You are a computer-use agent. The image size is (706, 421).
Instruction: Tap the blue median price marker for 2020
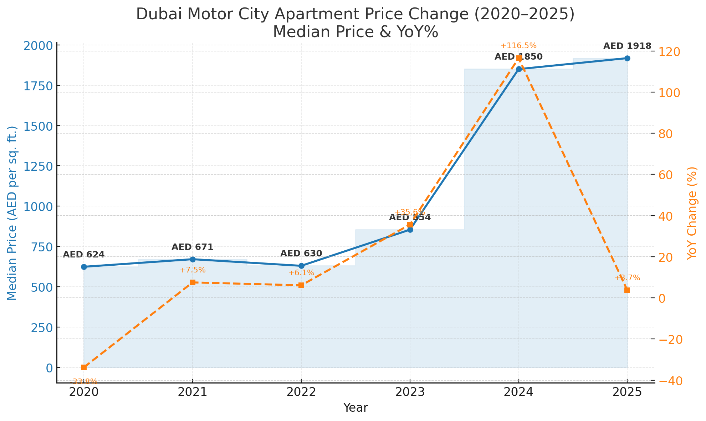(x=84, y=267)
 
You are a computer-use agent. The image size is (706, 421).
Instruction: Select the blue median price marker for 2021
(x=193, y=259)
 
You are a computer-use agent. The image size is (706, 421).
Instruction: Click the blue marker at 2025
(x=627, y=58)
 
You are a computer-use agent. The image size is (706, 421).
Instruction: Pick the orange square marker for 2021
(x=193, y=282)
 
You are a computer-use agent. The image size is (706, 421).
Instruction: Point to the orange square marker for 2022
(x=301, y=285)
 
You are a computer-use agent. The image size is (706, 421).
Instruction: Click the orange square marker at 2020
(x=84, y=367)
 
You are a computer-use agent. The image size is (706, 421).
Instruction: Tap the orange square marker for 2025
(x=627, y=290)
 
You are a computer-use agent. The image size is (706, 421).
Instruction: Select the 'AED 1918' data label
(x=627, y=46)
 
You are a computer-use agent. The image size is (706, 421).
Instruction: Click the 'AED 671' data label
(x=193, y=247)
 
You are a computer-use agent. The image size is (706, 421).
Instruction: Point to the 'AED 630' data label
(x=301, y=254)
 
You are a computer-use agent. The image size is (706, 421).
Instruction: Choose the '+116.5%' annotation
(x=518, y=46)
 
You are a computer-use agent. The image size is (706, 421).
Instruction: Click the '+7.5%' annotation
(x=193, y=270)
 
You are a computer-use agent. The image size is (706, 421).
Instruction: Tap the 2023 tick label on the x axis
(x=410, y=392)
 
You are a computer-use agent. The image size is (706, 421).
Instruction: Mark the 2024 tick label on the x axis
(x=518, y=392)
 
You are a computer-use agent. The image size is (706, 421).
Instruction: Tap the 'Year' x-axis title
(x=355, y=408)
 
